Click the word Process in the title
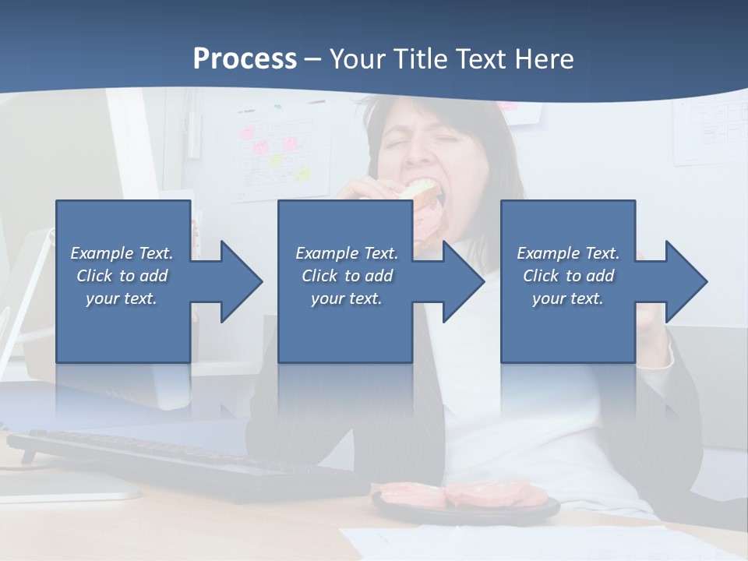pyautogui.click(x=245, y=59)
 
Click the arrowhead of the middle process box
pyautogui.click(x=462, y=281)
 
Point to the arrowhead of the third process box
pyautogui.click(x=685, y=281)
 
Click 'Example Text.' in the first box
pyautogui.click(x=122, y=253)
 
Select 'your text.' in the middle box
pyautogui.click(x=347, y=298)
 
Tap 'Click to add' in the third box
pyautogui.click(x=568, y=276)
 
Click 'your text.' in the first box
pyautogui.click(x=122, y=298)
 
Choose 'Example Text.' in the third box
pyautogui.click(x=568, y=253)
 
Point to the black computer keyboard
pyautogui.click(x=179, y=464)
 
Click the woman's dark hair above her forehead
pyautogui.click(x=436, y=109)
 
